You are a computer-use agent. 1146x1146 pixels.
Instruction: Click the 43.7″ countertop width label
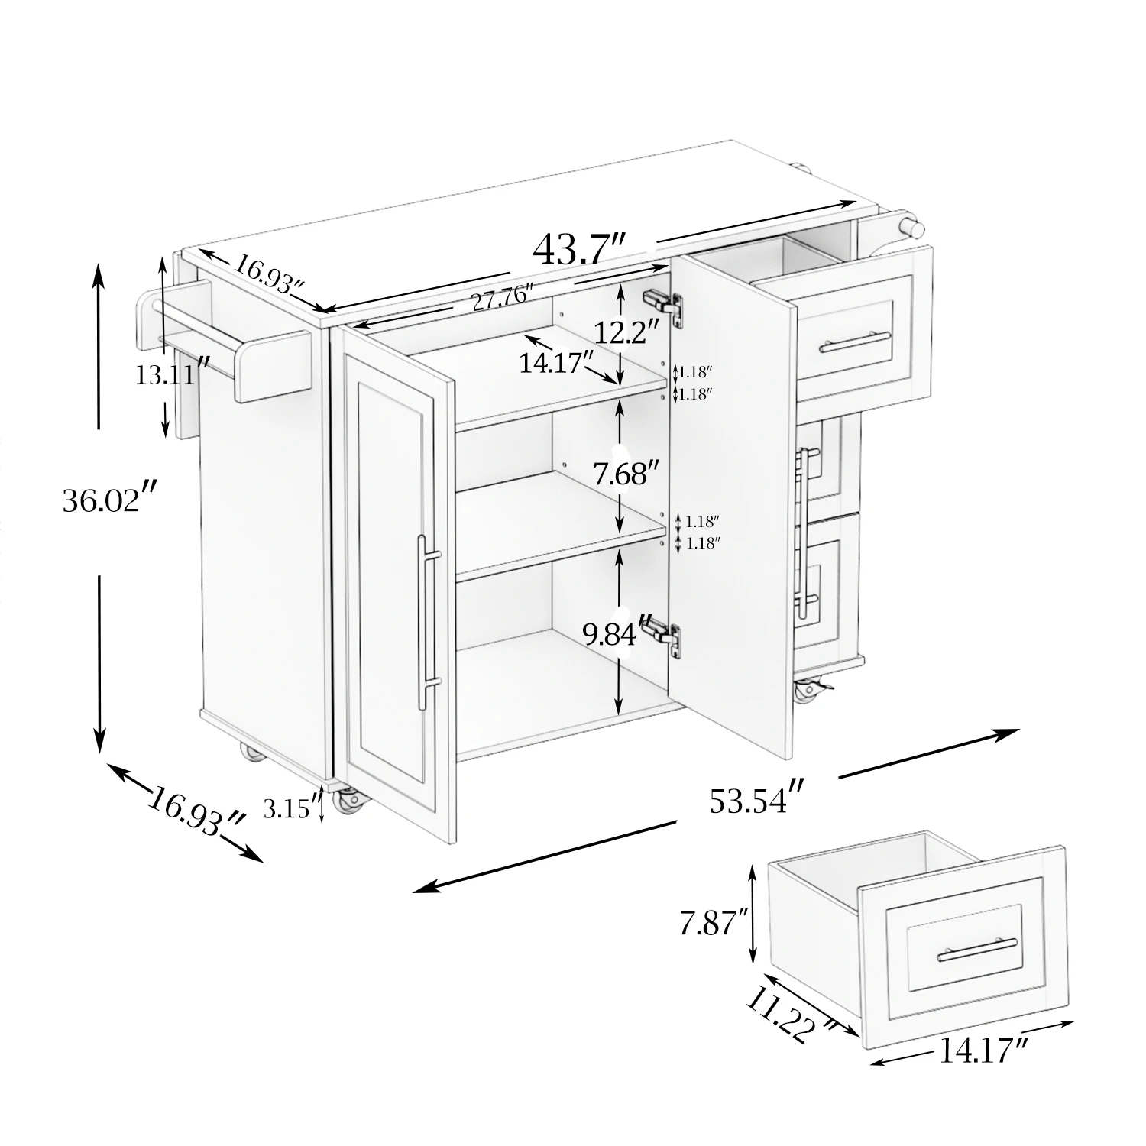(580, 249)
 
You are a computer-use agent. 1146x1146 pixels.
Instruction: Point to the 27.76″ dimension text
(501, 296)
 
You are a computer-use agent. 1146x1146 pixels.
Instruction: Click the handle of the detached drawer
(977, 948)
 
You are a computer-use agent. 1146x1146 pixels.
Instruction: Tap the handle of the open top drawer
(855, 341)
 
